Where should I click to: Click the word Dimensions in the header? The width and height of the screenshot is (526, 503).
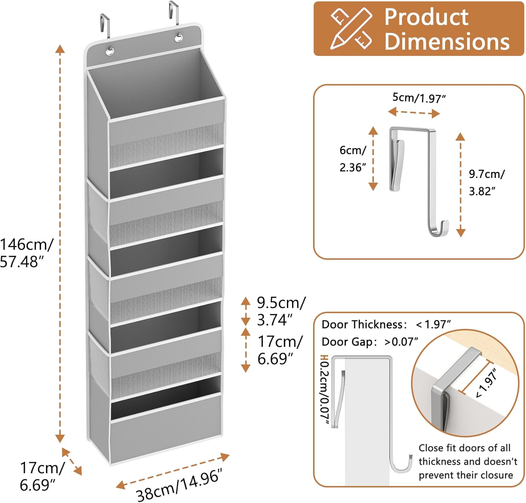click(x=447, y=41)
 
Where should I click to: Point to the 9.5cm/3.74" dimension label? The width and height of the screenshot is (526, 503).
click(x=281, y=311)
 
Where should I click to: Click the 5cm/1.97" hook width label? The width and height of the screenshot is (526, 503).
click(x=419, y=98)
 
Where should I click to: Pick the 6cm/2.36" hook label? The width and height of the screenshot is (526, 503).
click(x=353, y=159)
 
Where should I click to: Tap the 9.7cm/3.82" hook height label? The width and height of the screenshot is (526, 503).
click(x=487, y=182)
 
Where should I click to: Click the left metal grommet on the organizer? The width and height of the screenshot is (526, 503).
click(x=110, y=52)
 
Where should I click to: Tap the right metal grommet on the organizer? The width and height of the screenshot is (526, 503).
click(x=178, y=37)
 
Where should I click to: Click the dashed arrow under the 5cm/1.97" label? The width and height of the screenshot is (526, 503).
click(x=414, y=113)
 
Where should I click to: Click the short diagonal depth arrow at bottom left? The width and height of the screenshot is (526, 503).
click(x=72, y=461)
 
